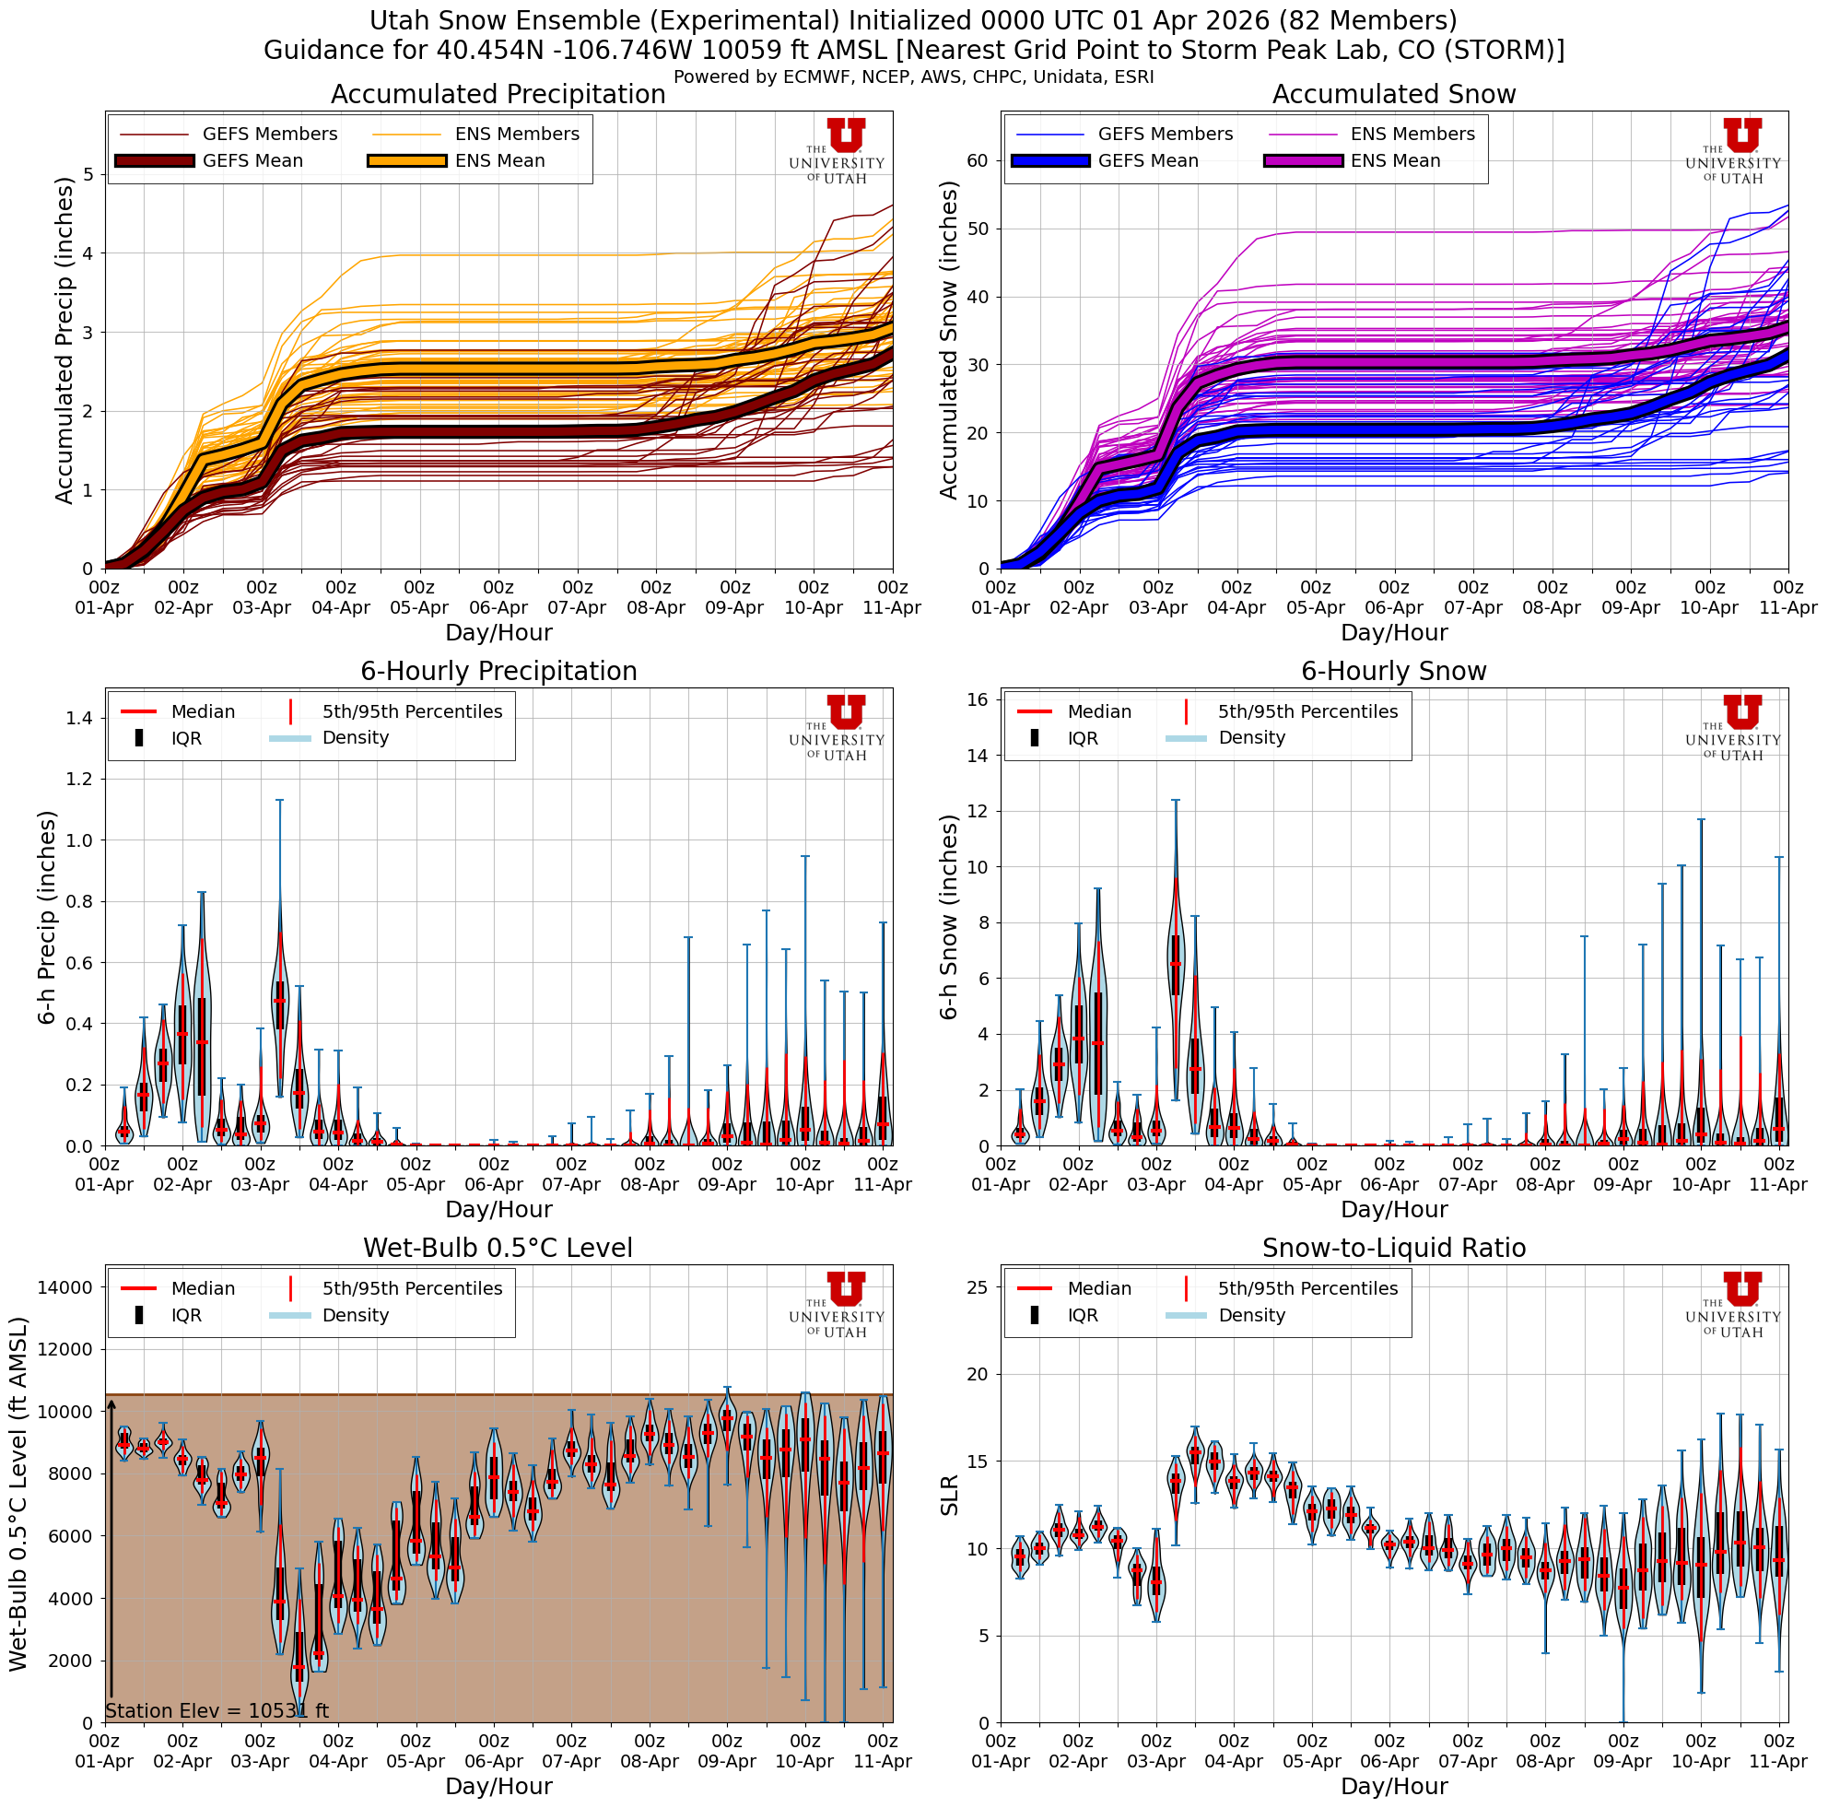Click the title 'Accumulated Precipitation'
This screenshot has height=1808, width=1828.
point(498,95)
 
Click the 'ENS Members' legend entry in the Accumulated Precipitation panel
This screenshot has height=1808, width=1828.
point(517,135)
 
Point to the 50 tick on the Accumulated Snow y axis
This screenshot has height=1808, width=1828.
point(978,229)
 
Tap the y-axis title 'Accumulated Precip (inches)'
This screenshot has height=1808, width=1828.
point(64,341)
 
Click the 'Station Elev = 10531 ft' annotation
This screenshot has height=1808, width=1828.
point(217,1710)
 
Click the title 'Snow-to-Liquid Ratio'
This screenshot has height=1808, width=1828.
point(1393,1248)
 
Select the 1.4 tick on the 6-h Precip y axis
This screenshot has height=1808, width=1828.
point(77,718)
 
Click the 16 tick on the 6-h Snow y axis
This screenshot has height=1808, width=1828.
point(978,699)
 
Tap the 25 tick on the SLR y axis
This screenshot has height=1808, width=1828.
point(978,1286)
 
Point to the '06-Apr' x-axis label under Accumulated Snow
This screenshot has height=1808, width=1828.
point(1393,607)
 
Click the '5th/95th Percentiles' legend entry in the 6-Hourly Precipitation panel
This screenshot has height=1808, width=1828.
point(412,711)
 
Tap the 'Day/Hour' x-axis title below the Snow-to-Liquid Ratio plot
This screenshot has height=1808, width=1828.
point(1393,1786)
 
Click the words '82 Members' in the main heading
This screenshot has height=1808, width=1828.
point(1383,21)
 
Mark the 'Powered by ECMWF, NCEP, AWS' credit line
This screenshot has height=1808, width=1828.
point(913,76)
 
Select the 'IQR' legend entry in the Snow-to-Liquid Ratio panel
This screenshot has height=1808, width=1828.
point(1083,1315)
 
